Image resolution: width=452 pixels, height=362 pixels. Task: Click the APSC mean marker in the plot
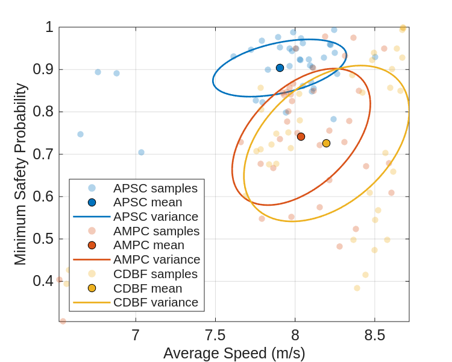[280, 68]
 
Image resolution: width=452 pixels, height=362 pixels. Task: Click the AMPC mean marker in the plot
[301, 136]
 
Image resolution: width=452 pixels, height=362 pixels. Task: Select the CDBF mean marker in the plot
[326, 143]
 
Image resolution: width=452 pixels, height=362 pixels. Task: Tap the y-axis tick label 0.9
[43, 69]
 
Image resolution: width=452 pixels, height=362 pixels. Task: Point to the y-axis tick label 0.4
[43, 281]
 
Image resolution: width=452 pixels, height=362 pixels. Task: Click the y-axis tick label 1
[49, 27]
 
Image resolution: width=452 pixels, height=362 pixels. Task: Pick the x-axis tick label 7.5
[215, 335]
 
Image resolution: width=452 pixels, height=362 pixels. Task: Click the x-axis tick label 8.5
[374, 335]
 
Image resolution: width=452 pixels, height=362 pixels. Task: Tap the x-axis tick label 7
[136, 335]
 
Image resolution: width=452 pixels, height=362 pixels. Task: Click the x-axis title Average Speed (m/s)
[234, 353]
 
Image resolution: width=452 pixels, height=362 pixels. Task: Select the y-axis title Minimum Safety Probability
[20, 174]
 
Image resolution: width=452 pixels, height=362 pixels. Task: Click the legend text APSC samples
[155, 188]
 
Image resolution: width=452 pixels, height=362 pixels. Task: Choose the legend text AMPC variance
[157, 259]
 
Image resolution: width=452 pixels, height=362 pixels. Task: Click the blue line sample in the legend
[92, 217]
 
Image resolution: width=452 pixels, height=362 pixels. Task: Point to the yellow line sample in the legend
[92, 302]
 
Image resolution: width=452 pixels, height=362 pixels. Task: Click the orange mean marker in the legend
[92, 245]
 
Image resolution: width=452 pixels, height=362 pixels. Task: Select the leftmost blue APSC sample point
[80, 134]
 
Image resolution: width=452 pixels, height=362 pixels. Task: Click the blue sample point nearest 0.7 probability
[141, 152]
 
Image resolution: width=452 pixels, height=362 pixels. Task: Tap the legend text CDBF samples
[155, 274]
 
